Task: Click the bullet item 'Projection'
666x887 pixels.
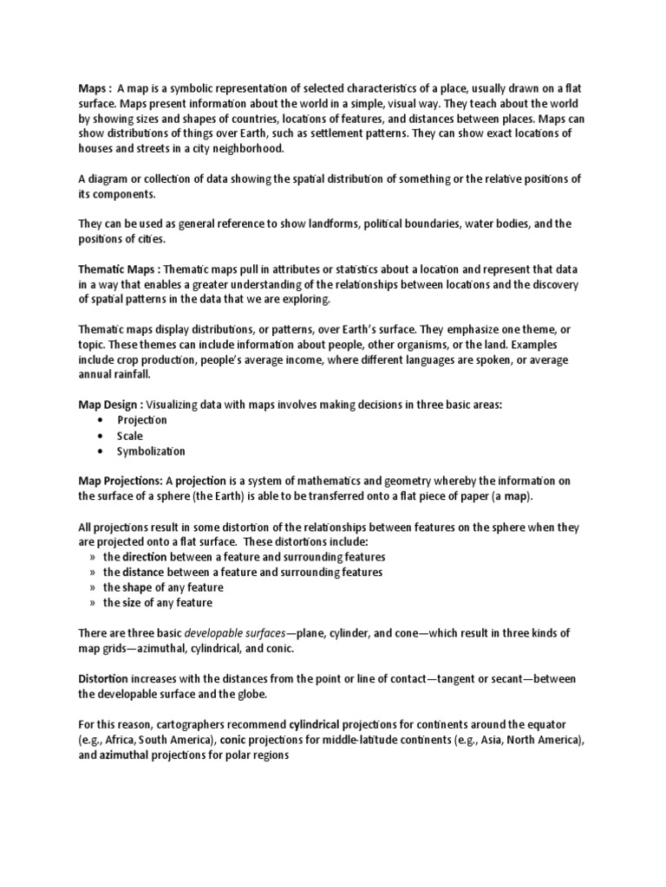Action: [142, 419]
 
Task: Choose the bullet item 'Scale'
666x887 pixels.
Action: [130, 436]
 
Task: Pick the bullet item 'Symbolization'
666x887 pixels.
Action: [151, 451]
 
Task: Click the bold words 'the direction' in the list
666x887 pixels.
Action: [135, 557]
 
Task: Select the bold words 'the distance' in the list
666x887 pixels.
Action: [134, 573]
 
